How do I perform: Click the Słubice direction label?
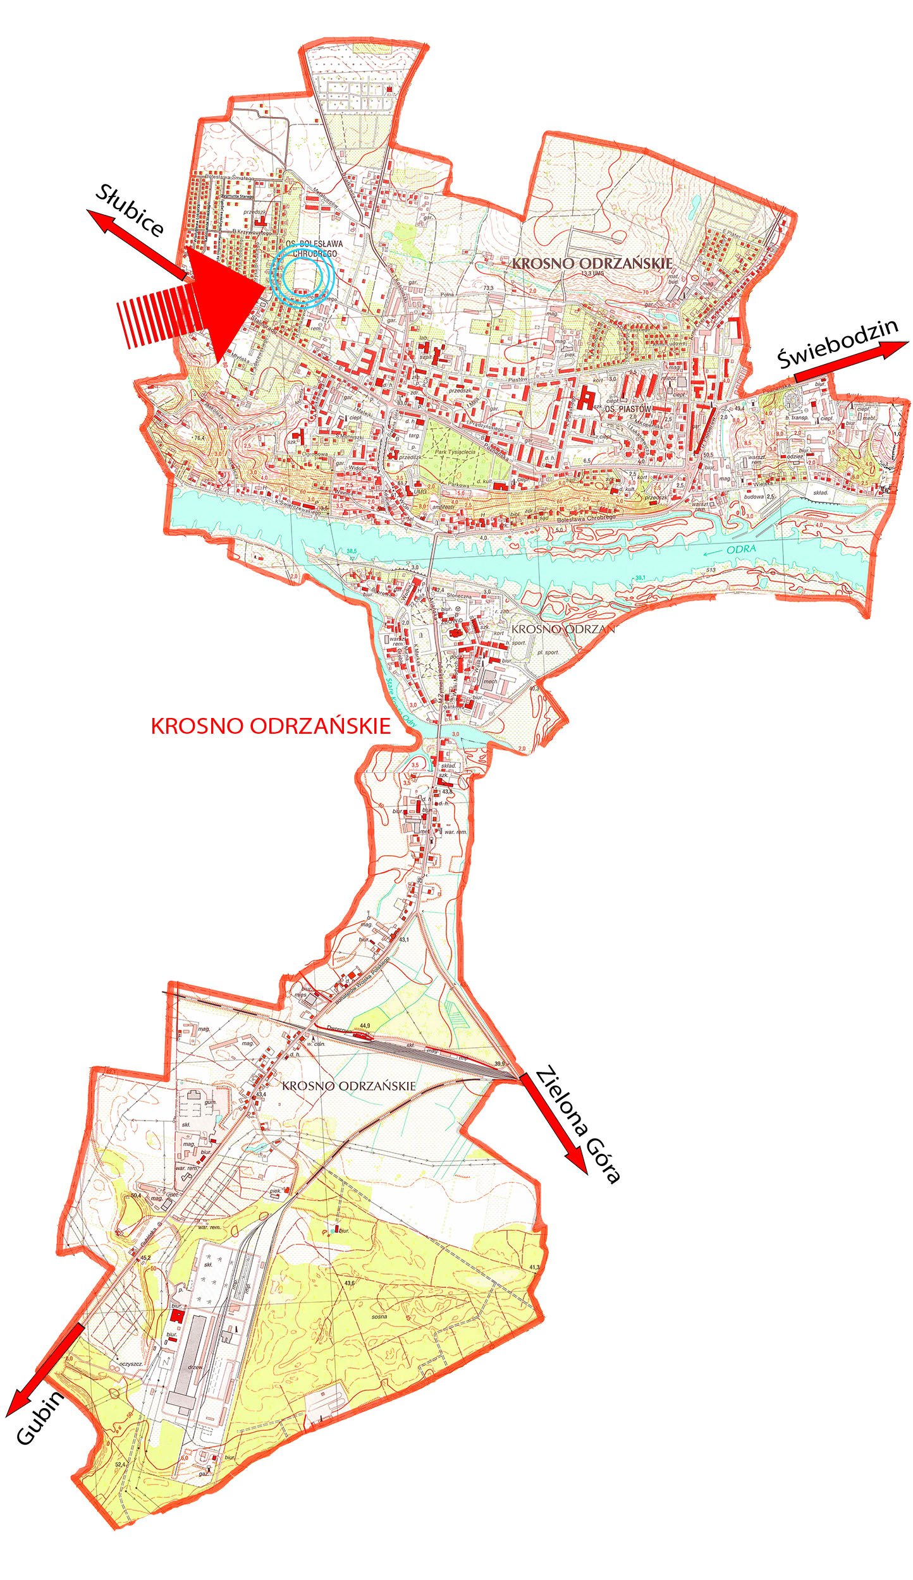(130, 210)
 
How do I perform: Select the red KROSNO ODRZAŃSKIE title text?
(271, 726)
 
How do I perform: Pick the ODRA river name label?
(741, 549)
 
